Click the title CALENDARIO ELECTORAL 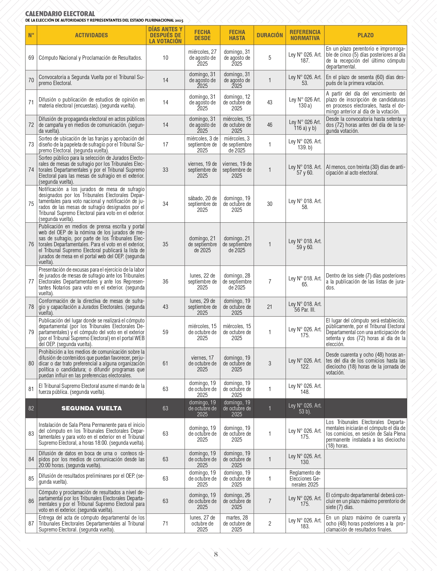point(60,14)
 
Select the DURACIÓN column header point(269,35)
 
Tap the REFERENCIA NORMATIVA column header point(305,35)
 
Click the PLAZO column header point(365,35)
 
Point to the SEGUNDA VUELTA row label point(91,408)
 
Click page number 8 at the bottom point(216,554)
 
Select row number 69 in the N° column point(31,58)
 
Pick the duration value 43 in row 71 point(269,102)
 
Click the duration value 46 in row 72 point(269,125)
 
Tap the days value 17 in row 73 point(165,144)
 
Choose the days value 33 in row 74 point(165,170)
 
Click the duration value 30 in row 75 point(269,204)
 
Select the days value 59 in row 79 point(165,332)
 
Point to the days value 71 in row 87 point(165,524)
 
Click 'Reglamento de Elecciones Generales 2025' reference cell point(305,479)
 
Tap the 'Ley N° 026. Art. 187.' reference point(305,58)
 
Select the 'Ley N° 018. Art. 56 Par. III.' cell point(305,307)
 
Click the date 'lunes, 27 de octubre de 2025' point(202,524)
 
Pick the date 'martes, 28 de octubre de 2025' point(237,524)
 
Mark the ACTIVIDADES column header point(91,35)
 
